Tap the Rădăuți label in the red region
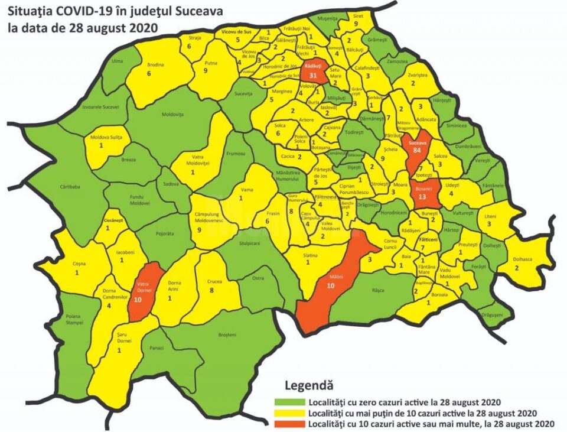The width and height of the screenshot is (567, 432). (x=314, y=66)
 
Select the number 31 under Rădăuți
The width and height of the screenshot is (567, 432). (x=314, y=75)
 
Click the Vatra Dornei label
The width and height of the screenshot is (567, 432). (x=144, y=287)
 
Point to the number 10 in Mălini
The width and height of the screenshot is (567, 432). (x=331, y=285)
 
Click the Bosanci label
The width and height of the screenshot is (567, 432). (x=423, y=189)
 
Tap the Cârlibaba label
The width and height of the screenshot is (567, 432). (x=70, y=186)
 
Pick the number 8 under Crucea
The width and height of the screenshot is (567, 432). (x=213, y=290)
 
